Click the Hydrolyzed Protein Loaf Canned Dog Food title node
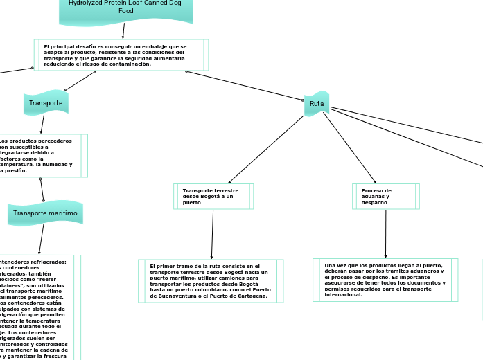coord(125,8)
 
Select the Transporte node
coord(46,103)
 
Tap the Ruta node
coord(317,104)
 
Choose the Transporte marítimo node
coord(46,213)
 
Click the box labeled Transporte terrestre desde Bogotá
coord(212,196)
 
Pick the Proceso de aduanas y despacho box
coord(385,196)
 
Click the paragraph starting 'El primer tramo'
coord(211,280)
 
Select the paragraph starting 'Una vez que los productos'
coord(385,280)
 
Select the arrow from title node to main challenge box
coord(123,30)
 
